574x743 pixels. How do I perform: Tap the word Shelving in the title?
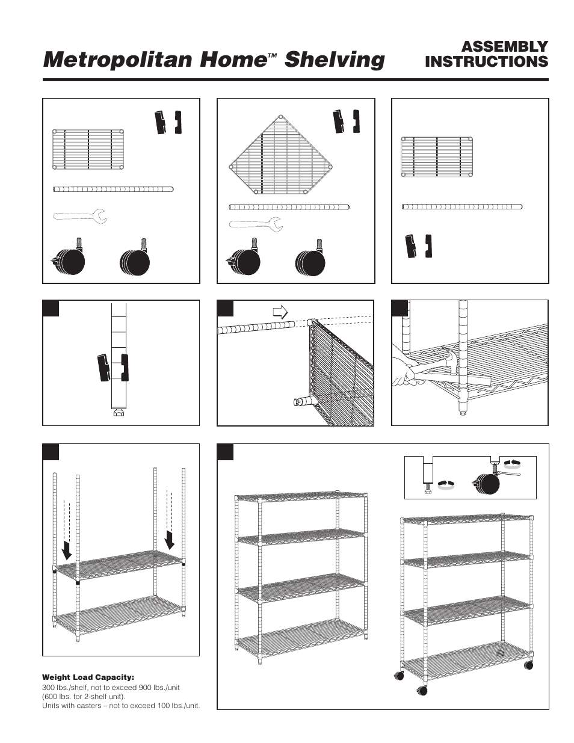(335, 60)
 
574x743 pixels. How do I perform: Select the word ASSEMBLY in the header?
(504, 46)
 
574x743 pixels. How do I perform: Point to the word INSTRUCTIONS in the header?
(486, 61)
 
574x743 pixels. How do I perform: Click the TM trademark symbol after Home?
(272, 55)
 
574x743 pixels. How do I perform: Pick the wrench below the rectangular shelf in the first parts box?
(80, 215)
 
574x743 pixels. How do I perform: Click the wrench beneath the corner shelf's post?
(256, 224)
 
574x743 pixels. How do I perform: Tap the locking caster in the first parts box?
(67, 259)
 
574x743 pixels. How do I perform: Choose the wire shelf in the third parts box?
(437, 158)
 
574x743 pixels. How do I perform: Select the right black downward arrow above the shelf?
(170, 539)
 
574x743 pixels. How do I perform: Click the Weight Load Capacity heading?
(88, 677)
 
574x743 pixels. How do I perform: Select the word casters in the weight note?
(85, 705)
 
